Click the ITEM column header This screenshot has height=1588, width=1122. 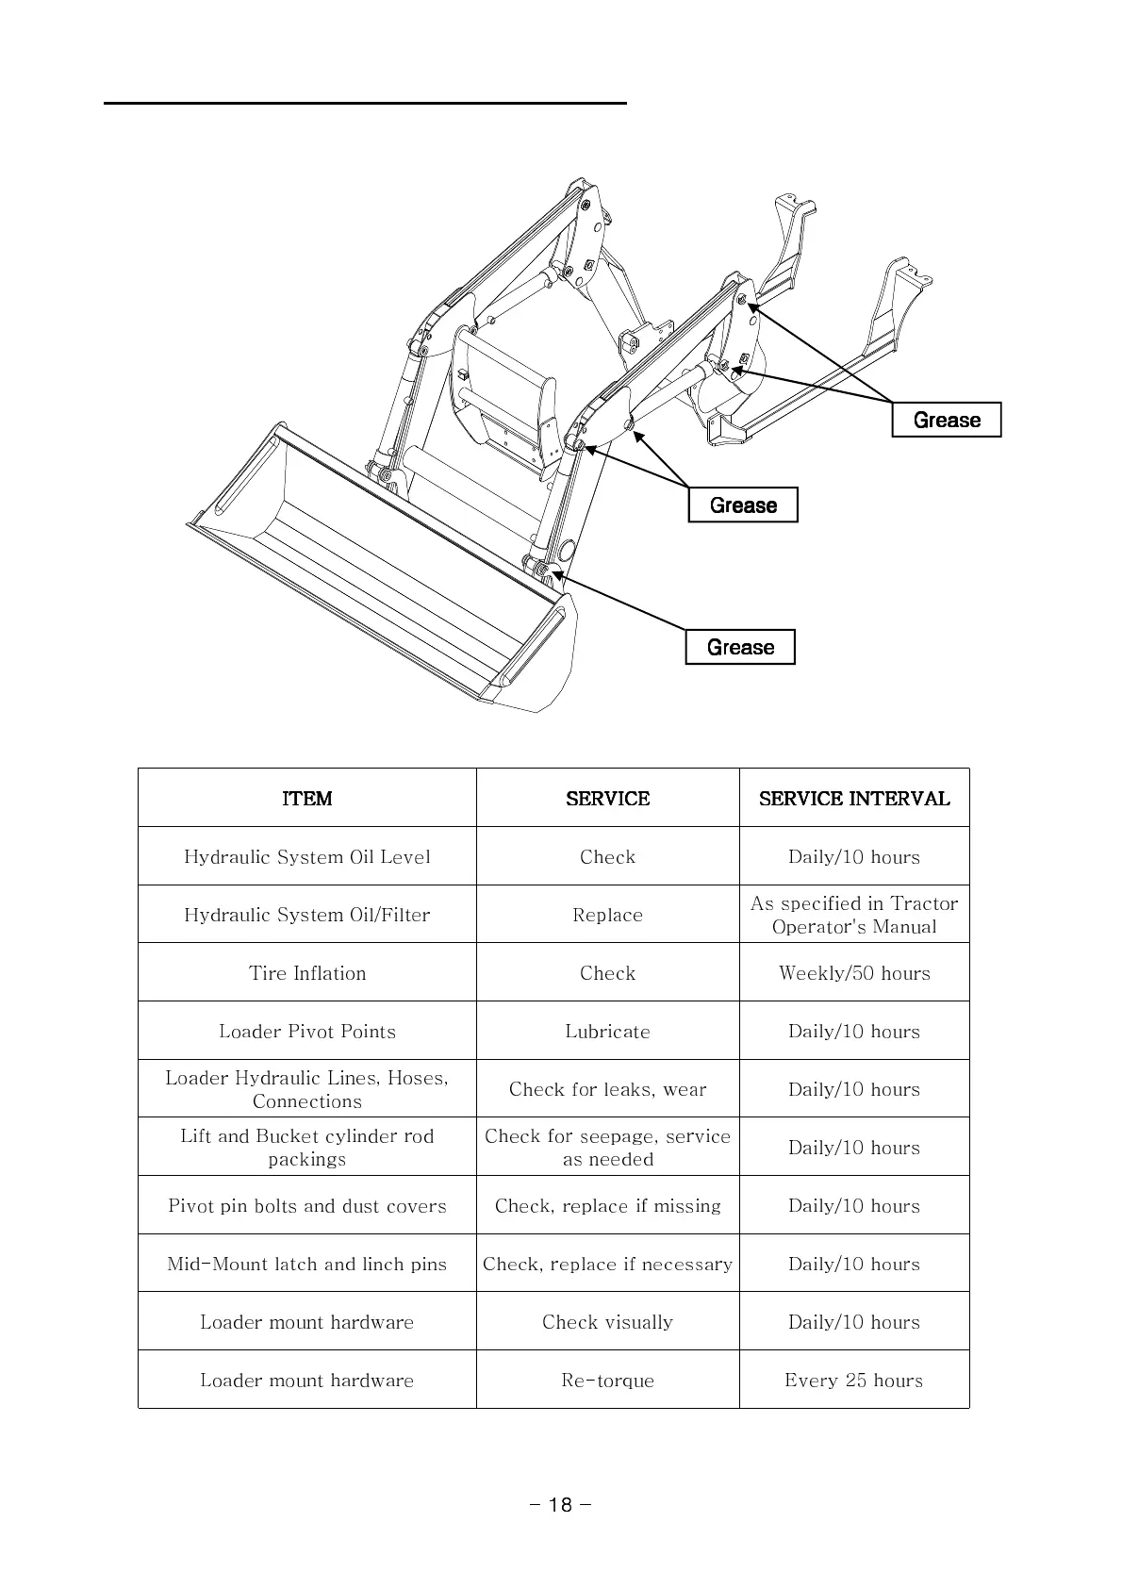(307, 799)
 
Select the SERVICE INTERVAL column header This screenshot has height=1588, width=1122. (854, 799)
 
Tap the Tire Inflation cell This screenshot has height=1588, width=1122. (307, 973)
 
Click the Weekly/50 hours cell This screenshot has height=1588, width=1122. (854, 973)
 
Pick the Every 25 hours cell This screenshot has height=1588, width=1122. (854, 1381)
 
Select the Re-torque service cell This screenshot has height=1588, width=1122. (608, 1381)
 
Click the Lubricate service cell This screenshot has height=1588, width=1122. (608, 1032)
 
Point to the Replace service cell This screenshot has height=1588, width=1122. (608, 915)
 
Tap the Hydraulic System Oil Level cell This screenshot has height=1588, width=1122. (307, 857)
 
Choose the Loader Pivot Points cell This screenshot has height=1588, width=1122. (307, 1032)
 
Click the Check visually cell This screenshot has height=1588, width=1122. (608, 1322)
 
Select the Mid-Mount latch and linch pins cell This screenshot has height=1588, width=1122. (307, 1264)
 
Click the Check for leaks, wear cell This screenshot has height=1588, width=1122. (608, 1089)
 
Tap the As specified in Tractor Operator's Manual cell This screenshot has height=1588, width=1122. (854, 915)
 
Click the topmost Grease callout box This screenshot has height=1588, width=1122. (947, 420)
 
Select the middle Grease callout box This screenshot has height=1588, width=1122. (743, 505)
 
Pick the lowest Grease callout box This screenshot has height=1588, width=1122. (740, 647)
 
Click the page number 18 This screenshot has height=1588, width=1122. (560, 1505)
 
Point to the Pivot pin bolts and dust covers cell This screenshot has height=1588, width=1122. (307, 1206)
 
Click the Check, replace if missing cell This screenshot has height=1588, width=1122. (608, 1206)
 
